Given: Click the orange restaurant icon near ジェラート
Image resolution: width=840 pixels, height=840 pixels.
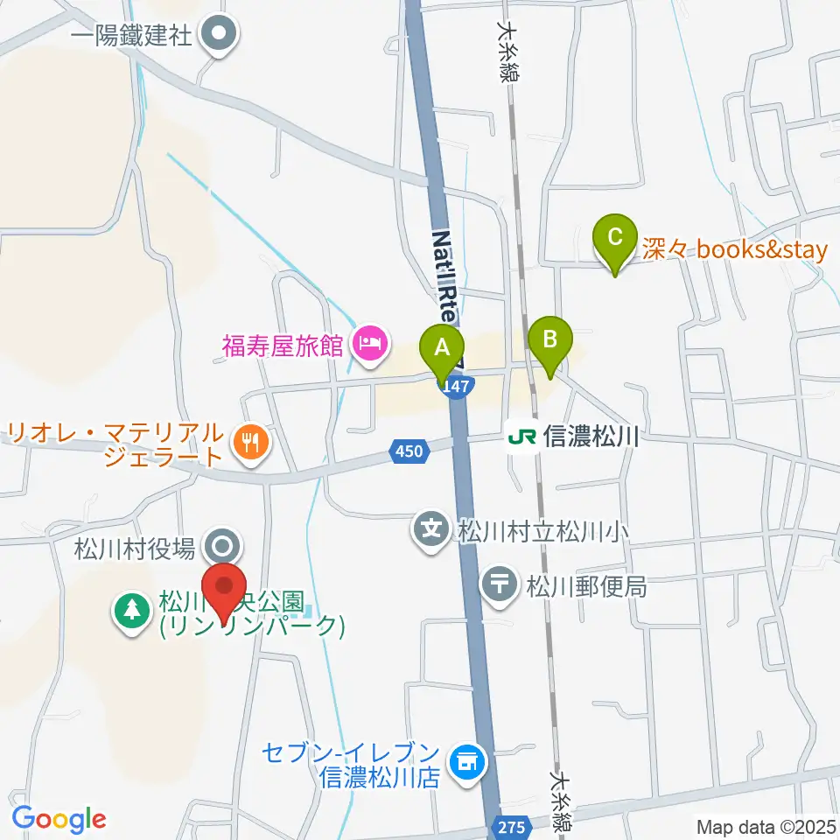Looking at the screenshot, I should [250, 444].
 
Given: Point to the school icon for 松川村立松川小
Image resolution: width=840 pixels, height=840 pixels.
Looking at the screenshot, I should [430, 529].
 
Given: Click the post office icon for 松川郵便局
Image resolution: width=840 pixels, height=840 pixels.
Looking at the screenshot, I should [500, 584].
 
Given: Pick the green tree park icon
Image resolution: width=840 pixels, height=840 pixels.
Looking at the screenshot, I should [132, 610].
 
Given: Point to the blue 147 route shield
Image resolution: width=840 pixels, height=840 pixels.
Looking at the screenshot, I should [458, 386].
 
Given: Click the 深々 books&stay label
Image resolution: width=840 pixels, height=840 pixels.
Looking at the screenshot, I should [735, 250].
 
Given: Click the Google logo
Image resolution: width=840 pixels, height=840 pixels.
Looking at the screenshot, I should [59, 819].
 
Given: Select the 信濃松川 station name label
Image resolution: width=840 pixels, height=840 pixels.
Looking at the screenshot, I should [591, 436].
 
